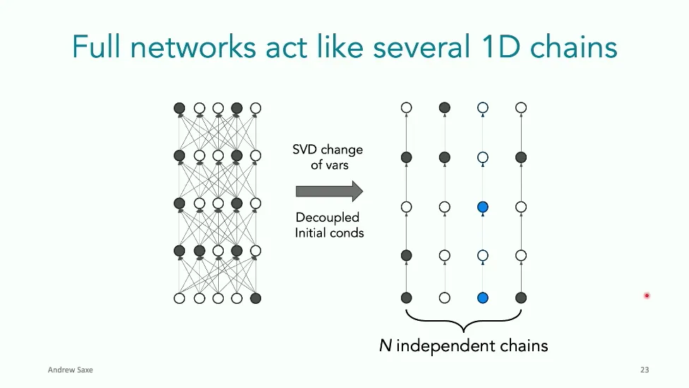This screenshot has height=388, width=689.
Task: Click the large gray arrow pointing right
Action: point(329,191)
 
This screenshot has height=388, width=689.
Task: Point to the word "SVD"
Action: point(306,150)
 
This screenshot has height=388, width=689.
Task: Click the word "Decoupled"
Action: point(328,217)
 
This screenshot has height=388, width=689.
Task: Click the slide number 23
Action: point(645,370)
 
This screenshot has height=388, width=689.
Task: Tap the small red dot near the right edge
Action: point(647,295)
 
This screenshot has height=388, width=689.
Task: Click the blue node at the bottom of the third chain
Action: point(482,298)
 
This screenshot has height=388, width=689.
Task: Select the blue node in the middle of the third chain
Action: point(482,207)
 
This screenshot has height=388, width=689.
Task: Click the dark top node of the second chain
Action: point(445,108)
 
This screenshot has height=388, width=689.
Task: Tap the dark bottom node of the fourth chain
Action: point(521,298)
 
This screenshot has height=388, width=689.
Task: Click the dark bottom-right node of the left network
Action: point(256,298)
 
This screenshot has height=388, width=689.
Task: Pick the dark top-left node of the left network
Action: point(179,108)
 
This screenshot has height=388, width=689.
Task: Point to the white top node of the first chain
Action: point(406,108)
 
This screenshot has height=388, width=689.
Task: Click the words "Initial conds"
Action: point(329,232)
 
